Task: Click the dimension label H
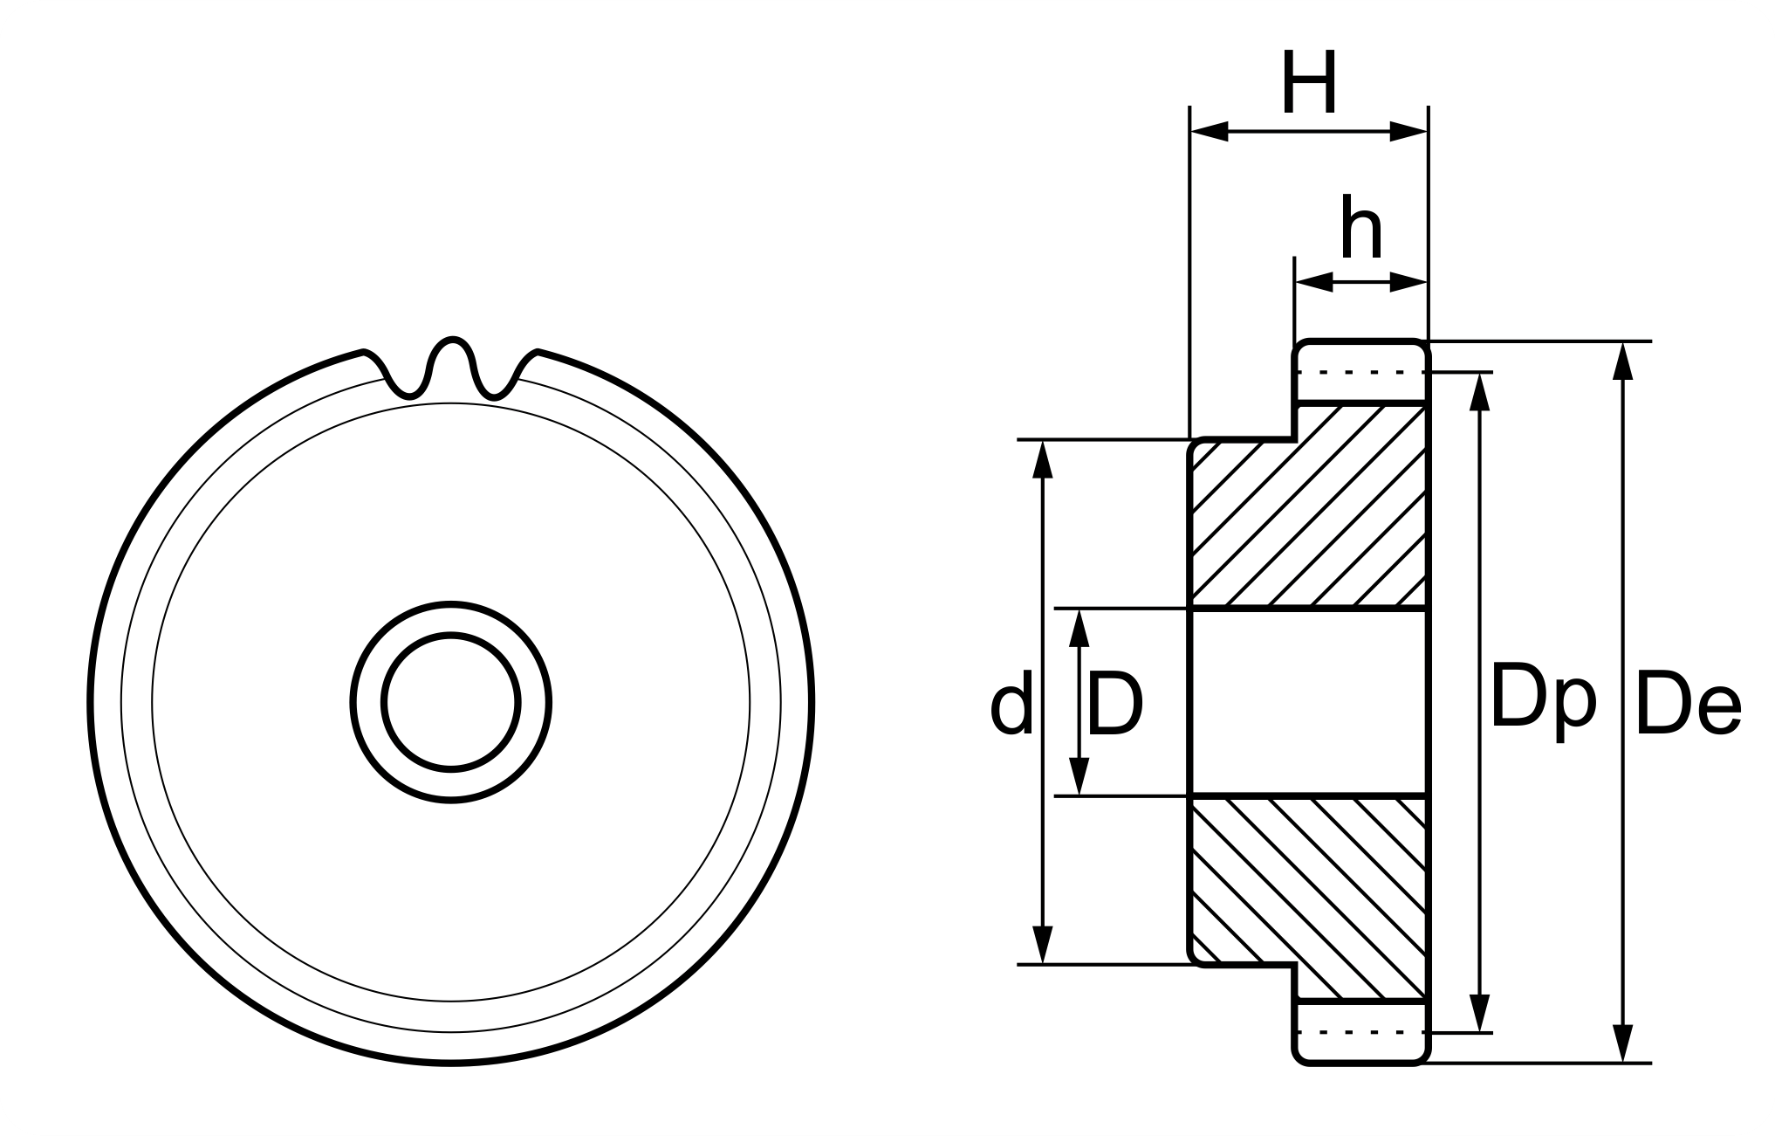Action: (x=1308, y=85)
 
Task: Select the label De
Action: (x=1689, y=704)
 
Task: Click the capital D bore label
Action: (x=1115, y=704)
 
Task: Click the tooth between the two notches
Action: (x=451, y=358)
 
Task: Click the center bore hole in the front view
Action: (x=451, y=702)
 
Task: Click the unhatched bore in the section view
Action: (x=1309, y=702)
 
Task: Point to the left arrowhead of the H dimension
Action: (x=1208, y=132)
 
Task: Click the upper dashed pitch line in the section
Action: (x=1361, y=373)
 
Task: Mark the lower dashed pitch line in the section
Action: (x=1361, y=1032)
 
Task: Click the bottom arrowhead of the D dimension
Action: (x=1079, y=777)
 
